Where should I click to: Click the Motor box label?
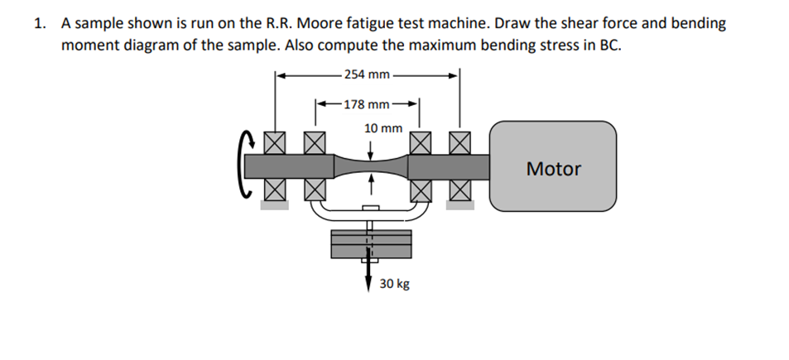pyautogui.click(x=554, y=170)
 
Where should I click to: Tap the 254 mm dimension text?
pyautogui.click(x=367, y=75)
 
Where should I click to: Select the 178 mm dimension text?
pyautogui.click(x=367, y=105)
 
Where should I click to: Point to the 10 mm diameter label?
pyautogui.click(x=382, y=128)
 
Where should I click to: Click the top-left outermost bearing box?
pyautogui.click(x=275, y=144)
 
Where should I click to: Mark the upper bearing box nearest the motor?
pyautogui.click(x=459, y=144)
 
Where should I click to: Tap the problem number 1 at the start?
pyautogui.click(x=38, y=23)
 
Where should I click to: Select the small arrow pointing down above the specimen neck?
pyautogui.click(x=370, y=149)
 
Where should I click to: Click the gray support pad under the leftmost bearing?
pyautogui.click(x=275, y=204)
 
